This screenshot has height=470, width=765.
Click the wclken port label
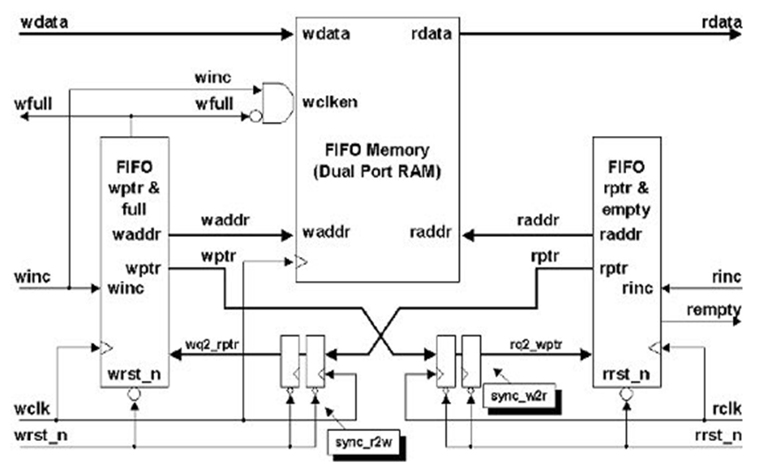(329, 101)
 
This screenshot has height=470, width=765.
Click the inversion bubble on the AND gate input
(255, 115)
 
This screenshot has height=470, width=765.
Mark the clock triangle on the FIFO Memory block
(302, 262)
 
